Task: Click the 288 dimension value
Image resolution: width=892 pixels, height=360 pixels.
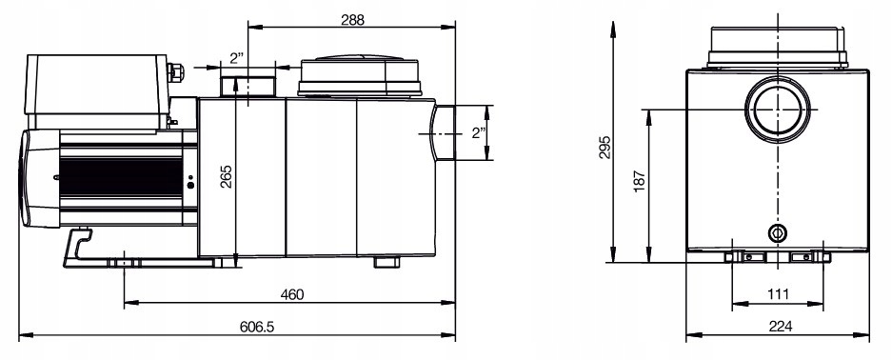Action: (352, 20)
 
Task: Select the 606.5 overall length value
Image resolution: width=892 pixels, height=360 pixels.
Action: (257, 327)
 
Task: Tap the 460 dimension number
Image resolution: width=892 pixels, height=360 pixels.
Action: (292, 294)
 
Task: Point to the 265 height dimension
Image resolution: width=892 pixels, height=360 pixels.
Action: (226, 177)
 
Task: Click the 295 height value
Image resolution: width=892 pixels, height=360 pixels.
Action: (605, 148)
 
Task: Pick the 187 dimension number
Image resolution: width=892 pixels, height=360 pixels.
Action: (640, 181)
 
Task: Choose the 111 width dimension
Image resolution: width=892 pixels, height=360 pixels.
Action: (778, 294)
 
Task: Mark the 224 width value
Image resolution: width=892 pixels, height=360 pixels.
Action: (780, 327)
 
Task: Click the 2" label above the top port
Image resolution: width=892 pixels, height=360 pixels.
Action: (237, 57)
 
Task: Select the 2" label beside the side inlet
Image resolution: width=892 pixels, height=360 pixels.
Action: (479, 133)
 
